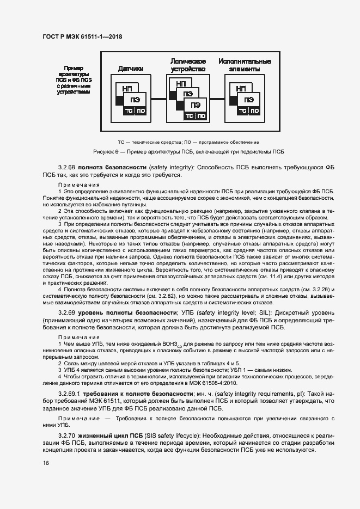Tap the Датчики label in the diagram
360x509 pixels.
[x=131, y=69]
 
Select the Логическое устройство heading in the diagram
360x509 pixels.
[x=188, y=65]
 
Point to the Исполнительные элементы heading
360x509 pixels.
[x=245, y=65]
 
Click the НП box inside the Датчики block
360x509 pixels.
[x=126, y=89]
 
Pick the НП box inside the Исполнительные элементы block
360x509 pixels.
[x=241, y=89]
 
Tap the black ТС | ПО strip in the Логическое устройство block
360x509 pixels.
[x=196, y=116]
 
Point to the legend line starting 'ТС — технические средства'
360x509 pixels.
[x=188, y=142]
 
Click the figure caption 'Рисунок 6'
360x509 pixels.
[x=188, y=152]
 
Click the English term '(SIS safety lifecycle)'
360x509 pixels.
[x=173, y=437]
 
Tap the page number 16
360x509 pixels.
[x=46, y=463]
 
